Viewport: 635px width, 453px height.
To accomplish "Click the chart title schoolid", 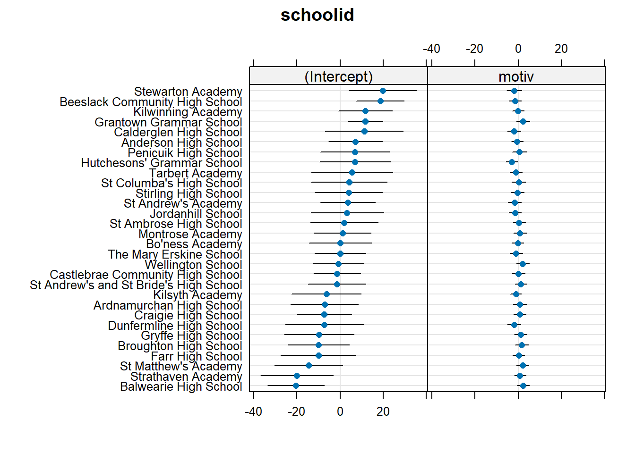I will (x=317, y=15).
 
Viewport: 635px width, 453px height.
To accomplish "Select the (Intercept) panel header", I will (x=338, y=76).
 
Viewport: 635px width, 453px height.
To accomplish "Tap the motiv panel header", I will (x=516, y=76).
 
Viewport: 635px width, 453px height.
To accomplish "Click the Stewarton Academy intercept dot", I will (x=383, y=91).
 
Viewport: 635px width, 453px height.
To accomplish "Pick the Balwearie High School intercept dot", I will (x=296, y=386).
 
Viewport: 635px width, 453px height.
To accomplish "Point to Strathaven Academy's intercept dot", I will (x=297, y=376).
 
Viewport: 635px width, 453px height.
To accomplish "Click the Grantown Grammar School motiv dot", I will (x=523, y=122).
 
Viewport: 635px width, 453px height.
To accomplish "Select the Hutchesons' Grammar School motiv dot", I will (x=512, y=162).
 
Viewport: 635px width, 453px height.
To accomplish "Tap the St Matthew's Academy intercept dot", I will (x=309, y=366).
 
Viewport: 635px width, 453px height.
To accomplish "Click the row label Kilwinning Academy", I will (x=188, y=112).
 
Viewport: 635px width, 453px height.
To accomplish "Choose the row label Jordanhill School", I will (x=196, y=214).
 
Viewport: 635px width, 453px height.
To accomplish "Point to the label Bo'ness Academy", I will (x=194, y=244).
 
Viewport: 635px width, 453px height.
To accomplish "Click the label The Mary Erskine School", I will (x=175, y=255).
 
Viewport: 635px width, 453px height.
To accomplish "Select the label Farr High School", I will (x=196, y=356).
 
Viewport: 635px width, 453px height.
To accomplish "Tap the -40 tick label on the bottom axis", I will (x=253, y=412).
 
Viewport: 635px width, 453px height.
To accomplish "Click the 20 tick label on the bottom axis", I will (x=383, y=412).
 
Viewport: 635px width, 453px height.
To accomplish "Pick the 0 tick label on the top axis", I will (x=518, y=49).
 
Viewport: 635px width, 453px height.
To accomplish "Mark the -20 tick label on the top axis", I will (x=474, y=49).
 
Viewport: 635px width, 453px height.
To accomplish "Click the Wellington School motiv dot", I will (x=523, y=264).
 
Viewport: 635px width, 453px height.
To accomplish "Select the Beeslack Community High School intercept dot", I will (x=380, y=101).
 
